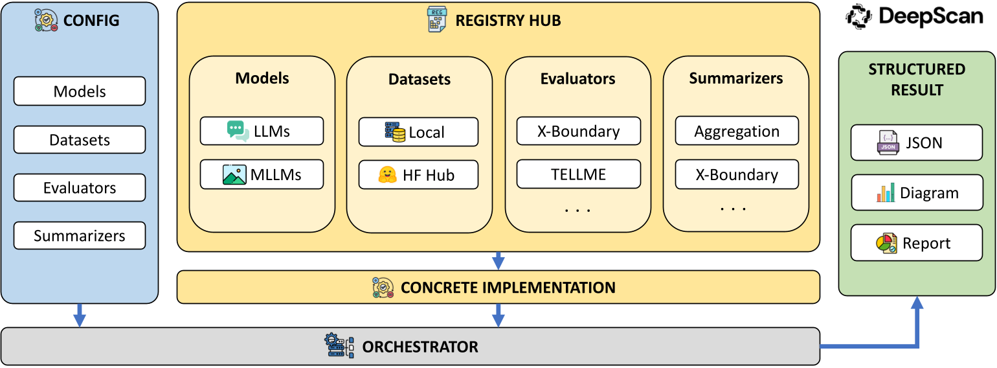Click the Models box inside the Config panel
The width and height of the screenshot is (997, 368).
point(80,91)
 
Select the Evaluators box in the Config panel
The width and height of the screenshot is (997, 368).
point(80,188)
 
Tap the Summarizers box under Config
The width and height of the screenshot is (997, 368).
point(80,236)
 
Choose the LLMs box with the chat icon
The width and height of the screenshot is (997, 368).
point(262,131)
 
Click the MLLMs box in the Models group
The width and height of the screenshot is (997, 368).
point(262,174)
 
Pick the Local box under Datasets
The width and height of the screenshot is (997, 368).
point(418,132)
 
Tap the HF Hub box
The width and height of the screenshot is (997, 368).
point(418,175)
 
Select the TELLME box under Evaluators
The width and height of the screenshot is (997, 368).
point(578,174)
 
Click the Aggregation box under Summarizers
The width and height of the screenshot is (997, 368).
point(737,131)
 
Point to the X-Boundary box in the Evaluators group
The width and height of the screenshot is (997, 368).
point(578,131)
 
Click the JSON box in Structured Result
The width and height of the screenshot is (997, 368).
point(917,143)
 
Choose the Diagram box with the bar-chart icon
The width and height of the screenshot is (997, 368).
point(917,192)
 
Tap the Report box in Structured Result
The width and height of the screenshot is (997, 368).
point(917,243)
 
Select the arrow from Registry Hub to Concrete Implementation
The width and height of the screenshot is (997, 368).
point(498,260)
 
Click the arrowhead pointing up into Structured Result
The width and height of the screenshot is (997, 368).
point(917,303)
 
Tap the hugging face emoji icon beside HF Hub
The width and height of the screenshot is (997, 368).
point(387,175)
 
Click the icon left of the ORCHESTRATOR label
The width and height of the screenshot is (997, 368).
point(339,347)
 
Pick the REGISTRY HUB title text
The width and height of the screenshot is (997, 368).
point(508,21)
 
